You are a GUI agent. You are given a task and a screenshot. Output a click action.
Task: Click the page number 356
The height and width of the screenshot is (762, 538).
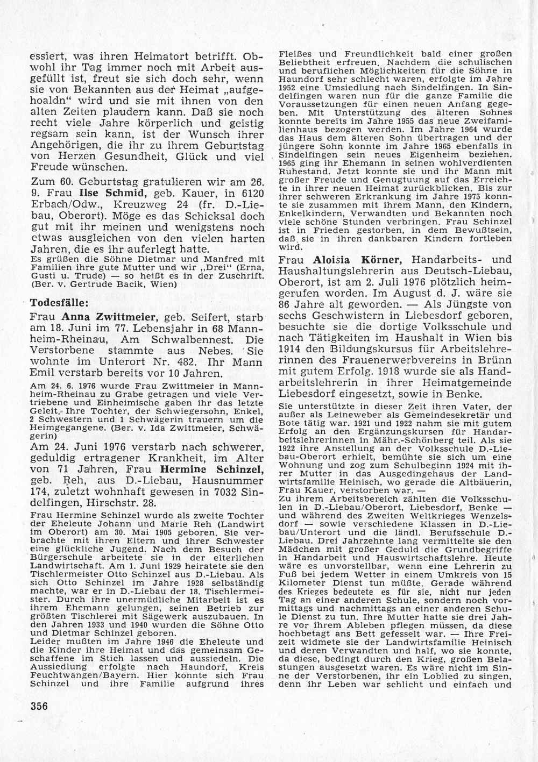pyautogui.click(x=37, y=706)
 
